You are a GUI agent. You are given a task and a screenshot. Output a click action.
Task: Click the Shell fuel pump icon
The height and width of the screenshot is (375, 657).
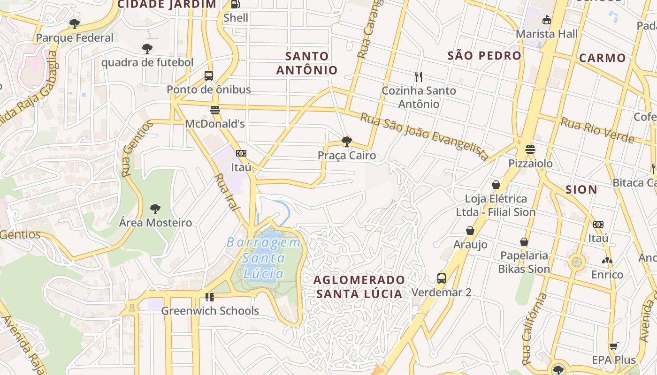(x=235, y=4)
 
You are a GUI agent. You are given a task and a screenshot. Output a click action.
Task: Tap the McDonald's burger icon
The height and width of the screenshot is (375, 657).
(x=215, y=110)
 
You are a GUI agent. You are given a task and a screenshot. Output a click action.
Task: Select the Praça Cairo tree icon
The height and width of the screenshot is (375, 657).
(x=347, y=141)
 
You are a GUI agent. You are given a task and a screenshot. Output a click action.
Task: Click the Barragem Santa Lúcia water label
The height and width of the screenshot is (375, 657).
(x=263, y=258)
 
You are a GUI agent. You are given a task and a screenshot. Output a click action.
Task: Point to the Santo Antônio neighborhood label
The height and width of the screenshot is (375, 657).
(x=306, y=63)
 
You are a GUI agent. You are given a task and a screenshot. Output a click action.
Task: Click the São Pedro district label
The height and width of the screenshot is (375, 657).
(x=484, y=55)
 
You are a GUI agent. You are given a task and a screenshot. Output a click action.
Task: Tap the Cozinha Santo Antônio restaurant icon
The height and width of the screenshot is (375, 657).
(x=419, y=76)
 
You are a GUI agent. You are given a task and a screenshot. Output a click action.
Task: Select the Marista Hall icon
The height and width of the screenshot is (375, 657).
(x=546, y=20)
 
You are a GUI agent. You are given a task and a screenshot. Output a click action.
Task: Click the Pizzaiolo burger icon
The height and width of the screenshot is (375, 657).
(x=530, y=150)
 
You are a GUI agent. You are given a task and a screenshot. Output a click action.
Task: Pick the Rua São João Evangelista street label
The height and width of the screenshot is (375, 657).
(x=424, y=136)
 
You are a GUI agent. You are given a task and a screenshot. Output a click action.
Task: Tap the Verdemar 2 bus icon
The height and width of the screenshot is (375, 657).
(x=442, y=278)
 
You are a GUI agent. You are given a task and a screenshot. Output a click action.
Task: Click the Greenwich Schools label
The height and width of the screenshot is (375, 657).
(x=210, y=311)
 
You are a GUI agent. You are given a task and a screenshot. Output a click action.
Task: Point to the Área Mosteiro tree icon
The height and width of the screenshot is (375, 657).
(x=155, y=209)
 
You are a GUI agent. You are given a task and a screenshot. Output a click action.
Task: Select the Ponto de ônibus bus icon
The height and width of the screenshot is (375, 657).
(x=209, y=75)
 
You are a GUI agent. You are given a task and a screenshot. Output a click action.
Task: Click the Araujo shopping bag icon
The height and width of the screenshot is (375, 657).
(x=470, y=231)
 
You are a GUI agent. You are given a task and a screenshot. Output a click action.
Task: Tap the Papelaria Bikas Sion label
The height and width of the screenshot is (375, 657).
(x=524, y=262)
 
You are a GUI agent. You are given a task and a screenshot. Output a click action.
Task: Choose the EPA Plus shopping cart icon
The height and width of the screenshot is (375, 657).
(x=613, y=346)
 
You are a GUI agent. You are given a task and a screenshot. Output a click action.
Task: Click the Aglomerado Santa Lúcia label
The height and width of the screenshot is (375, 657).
(x=359, y=287)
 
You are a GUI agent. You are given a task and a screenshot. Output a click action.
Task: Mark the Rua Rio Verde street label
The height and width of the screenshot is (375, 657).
(x=597, y=130)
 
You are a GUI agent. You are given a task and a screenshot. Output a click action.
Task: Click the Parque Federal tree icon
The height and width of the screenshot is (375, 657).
(x=74, y=23)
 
